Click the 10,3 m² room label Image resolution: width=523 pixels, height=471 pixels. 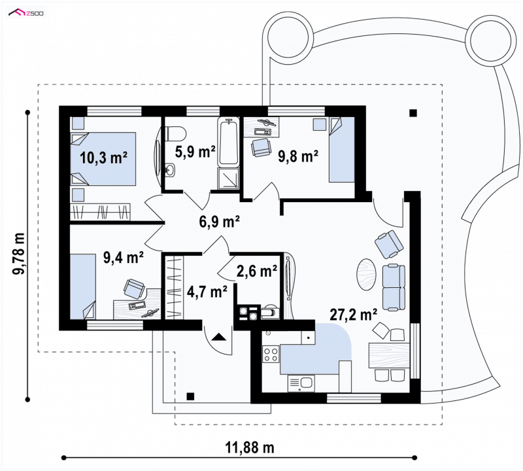[x=104, y=157]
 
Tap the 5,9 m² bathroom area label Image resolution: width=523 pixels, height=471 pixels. [x=195, y=152]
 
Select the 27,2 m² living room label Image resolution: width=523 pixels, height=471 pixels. [x=354, y=314]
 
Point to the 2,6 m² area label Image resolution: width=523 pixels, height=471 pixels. [x=257, y=271]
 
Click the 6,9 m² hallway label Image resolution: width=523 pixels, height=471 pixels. [x=220, y=221]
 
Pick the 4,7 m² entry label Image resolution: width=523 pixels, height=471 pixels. [x=207, y=291]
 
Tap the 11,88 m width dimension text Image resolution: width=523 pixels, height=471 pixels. [x=250, y=447]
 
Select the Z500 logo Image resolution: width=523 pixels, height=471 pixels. [x=26, y=12]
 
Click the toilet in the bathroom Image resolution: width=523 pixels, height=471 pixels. [x=175, y=133]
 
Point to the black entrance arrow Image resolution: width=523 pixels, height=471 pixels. [x=218, y=337]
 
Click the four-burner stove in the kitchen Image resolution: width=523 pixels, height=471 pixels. [x=271, y=354]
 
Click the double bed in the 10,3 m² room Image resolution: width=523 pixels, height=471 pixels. [x=103, y=159]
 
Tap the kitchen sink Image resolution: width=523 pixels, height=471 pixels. [x=301, y=383]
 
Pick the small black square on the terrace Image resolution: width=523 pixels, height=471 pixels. [x=413, y=113]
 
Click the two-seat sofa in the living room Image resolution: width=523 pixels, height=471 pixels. [x=394, y=288]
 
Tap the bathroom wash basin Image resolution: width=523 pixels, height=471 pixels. [x=170, y=169]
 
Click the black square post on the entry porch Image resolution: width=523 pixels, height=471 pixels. [x=190, y=396]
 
